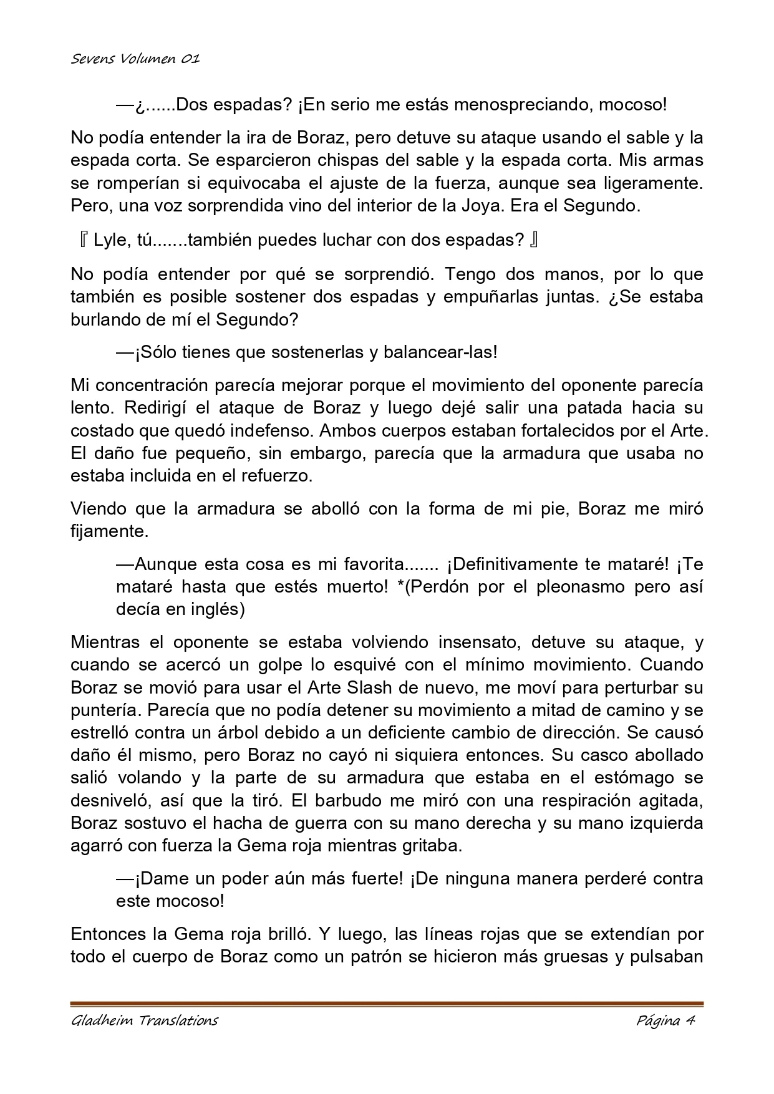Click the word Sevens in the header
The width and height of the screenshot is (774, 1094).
[89, 59]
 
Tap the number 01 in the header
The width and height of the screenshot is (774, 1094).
[190, 59]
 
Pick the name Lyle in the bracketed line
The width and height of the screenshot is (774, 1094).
[110, 240]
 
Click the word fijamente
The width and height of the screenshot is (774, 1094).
[108, 531]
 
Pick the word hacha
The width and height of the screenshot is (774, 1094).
[233, 823]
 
